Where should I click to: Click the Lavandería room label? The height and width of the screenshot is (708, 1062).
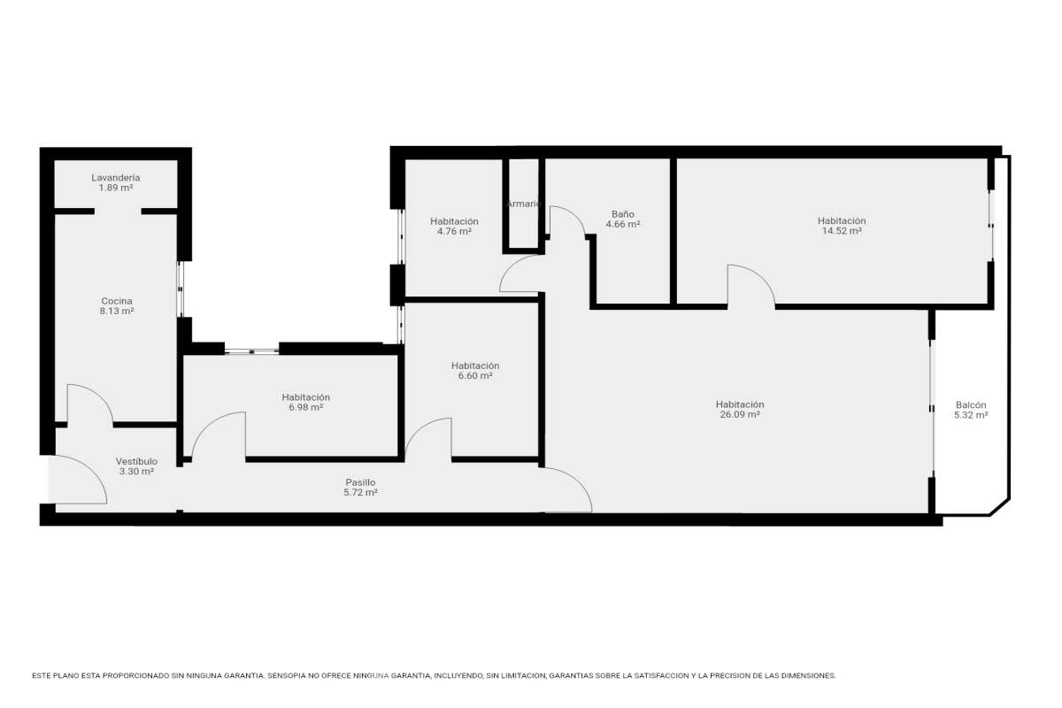click(116, 178)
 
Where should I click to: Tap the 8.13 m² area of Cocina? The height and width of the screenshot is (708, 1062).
click(117, 312)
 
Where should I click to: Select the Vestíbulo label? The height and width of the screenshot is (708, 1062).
click(136, 461)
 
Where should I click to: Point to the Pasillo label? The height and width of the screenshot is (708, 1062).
click(360, 482)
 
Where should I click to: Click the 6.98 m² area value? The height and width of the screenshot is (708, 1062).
click(306, 407)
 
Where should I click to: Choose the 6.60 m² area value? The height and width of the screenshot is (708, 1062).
click(475, 376)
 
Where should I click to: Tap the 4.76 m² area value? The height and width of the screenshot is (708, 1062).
click(454, 231)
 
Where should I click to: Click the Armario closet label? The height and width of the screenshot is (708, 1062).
click(524, 204)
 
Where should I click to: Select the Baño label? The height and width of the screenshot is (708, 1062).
click(623, 214)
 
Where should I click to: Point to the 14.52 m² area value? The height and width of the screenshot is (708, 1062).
click(842, 231)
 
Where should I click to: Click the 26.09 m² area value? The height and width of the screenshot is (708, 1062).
click(740, 414)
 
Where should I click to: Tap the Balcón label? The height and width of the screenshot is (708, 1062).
click(971, 405)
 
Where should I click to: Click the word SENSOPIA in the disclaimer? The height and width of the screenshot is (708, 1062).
click(287, 676)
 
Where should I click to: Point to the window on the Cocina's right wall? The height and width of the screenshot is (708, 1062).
click(181, 289)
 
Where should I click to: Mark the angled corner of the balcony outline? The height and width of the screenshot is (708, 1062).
click(1000, 507)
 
